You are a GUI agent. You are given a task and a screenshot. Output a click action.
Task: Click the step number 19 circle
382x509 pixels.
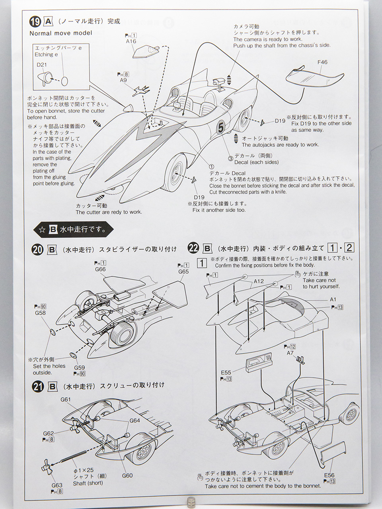pos(35,21)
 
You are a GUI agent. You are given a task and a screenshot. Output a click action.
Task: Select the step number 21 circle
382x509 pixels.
pos(38,386)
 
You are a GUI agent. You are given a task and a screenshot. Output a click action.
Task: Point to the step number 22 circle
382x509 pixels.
pos(193,248)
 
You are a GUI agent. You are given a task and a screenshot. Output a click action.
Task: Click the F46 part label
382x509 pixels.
pos(322,62)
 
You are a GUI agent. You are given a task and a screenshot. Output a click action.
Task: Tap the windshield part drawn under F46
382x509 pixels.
pos(315,78)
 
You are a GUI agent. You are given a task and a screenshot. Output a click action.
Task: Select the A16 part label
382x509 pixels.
pos(131,41)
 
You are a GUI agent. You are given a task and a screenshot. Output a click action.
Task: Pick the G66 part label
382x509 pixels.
pos(100,269)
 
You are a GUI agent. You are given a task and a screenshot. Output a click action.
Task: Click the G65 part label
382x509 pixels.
pos(183,272)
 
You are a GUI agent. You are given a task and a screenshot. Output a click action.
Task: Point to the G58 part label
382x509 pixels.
pos(40,313)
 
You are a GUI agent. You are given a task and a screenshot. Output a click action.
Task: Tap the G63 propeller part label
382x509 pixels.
pos(57,485)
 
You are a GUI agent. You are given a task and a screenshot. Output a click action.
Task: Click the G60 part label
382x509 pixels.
pos(127,476)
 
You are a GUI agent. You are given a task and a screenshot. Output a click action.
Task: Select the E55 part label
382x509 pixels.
pos(226,373)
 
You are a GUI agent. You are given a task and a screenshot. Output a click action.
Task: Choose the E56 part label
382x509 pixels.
pos(329,475)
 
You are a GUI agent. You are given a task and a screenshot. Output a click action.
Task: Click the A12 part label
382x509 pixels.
pos(259,281)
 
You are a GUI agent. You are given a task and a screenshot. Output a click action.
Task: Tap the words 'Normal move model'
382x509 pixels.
pos(60,33)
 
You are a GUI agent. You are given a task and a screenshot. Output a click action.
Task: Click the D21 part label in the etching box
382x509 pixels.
pos(42,64)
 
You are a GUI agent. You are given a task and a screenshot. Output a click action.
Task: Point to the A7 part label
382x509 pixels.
pos(290,353)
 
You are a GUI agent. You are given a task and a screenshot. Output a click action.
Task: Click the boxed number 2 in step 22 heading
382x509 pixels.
pos(349,248)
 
